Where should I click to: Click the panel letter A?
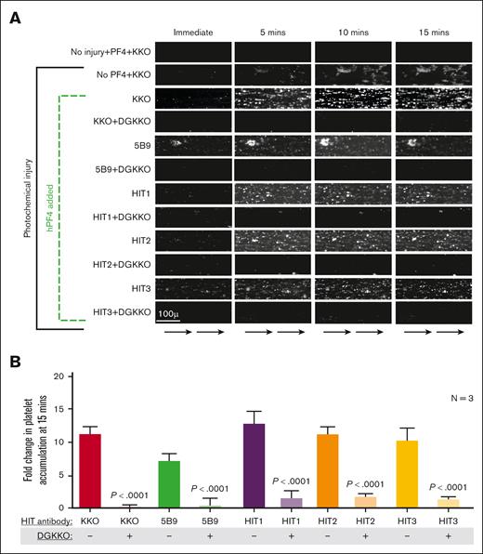pos(12,17)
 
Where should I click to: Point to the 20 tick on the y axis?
pos(58,376)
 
